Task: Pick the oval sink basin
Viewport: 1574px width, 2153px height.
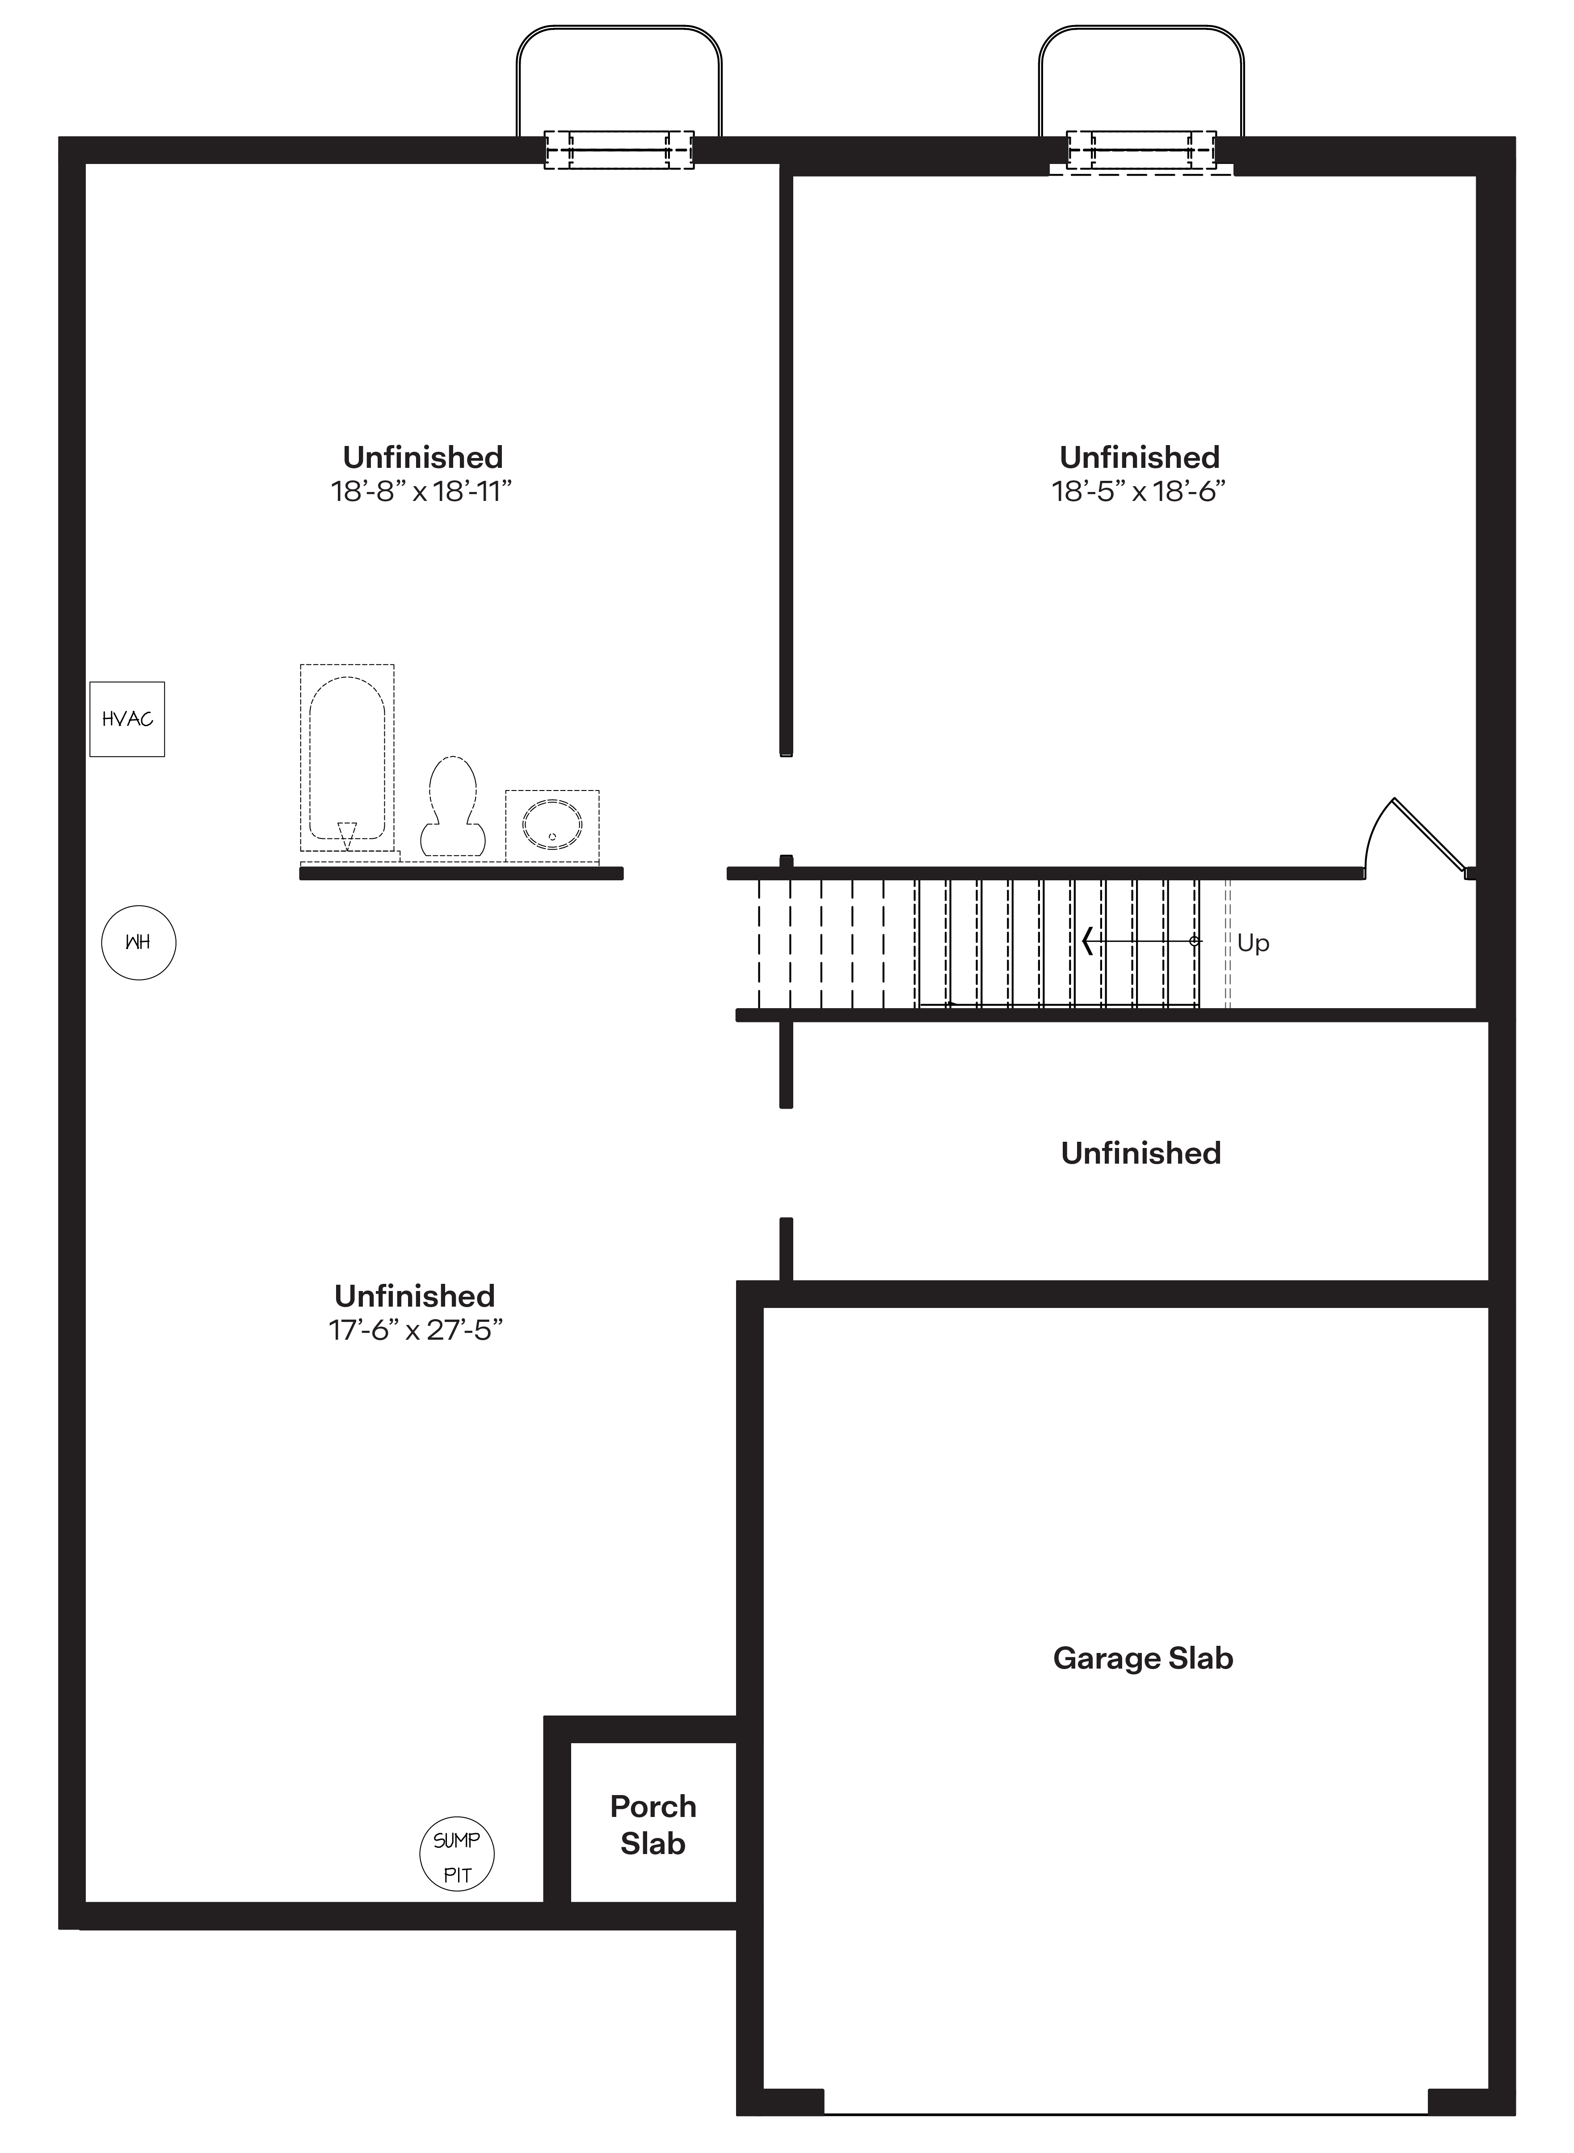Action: tap(553, 825)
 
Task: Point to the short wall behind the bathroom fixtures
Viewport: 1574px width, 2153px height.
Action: tap(461, 874)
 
